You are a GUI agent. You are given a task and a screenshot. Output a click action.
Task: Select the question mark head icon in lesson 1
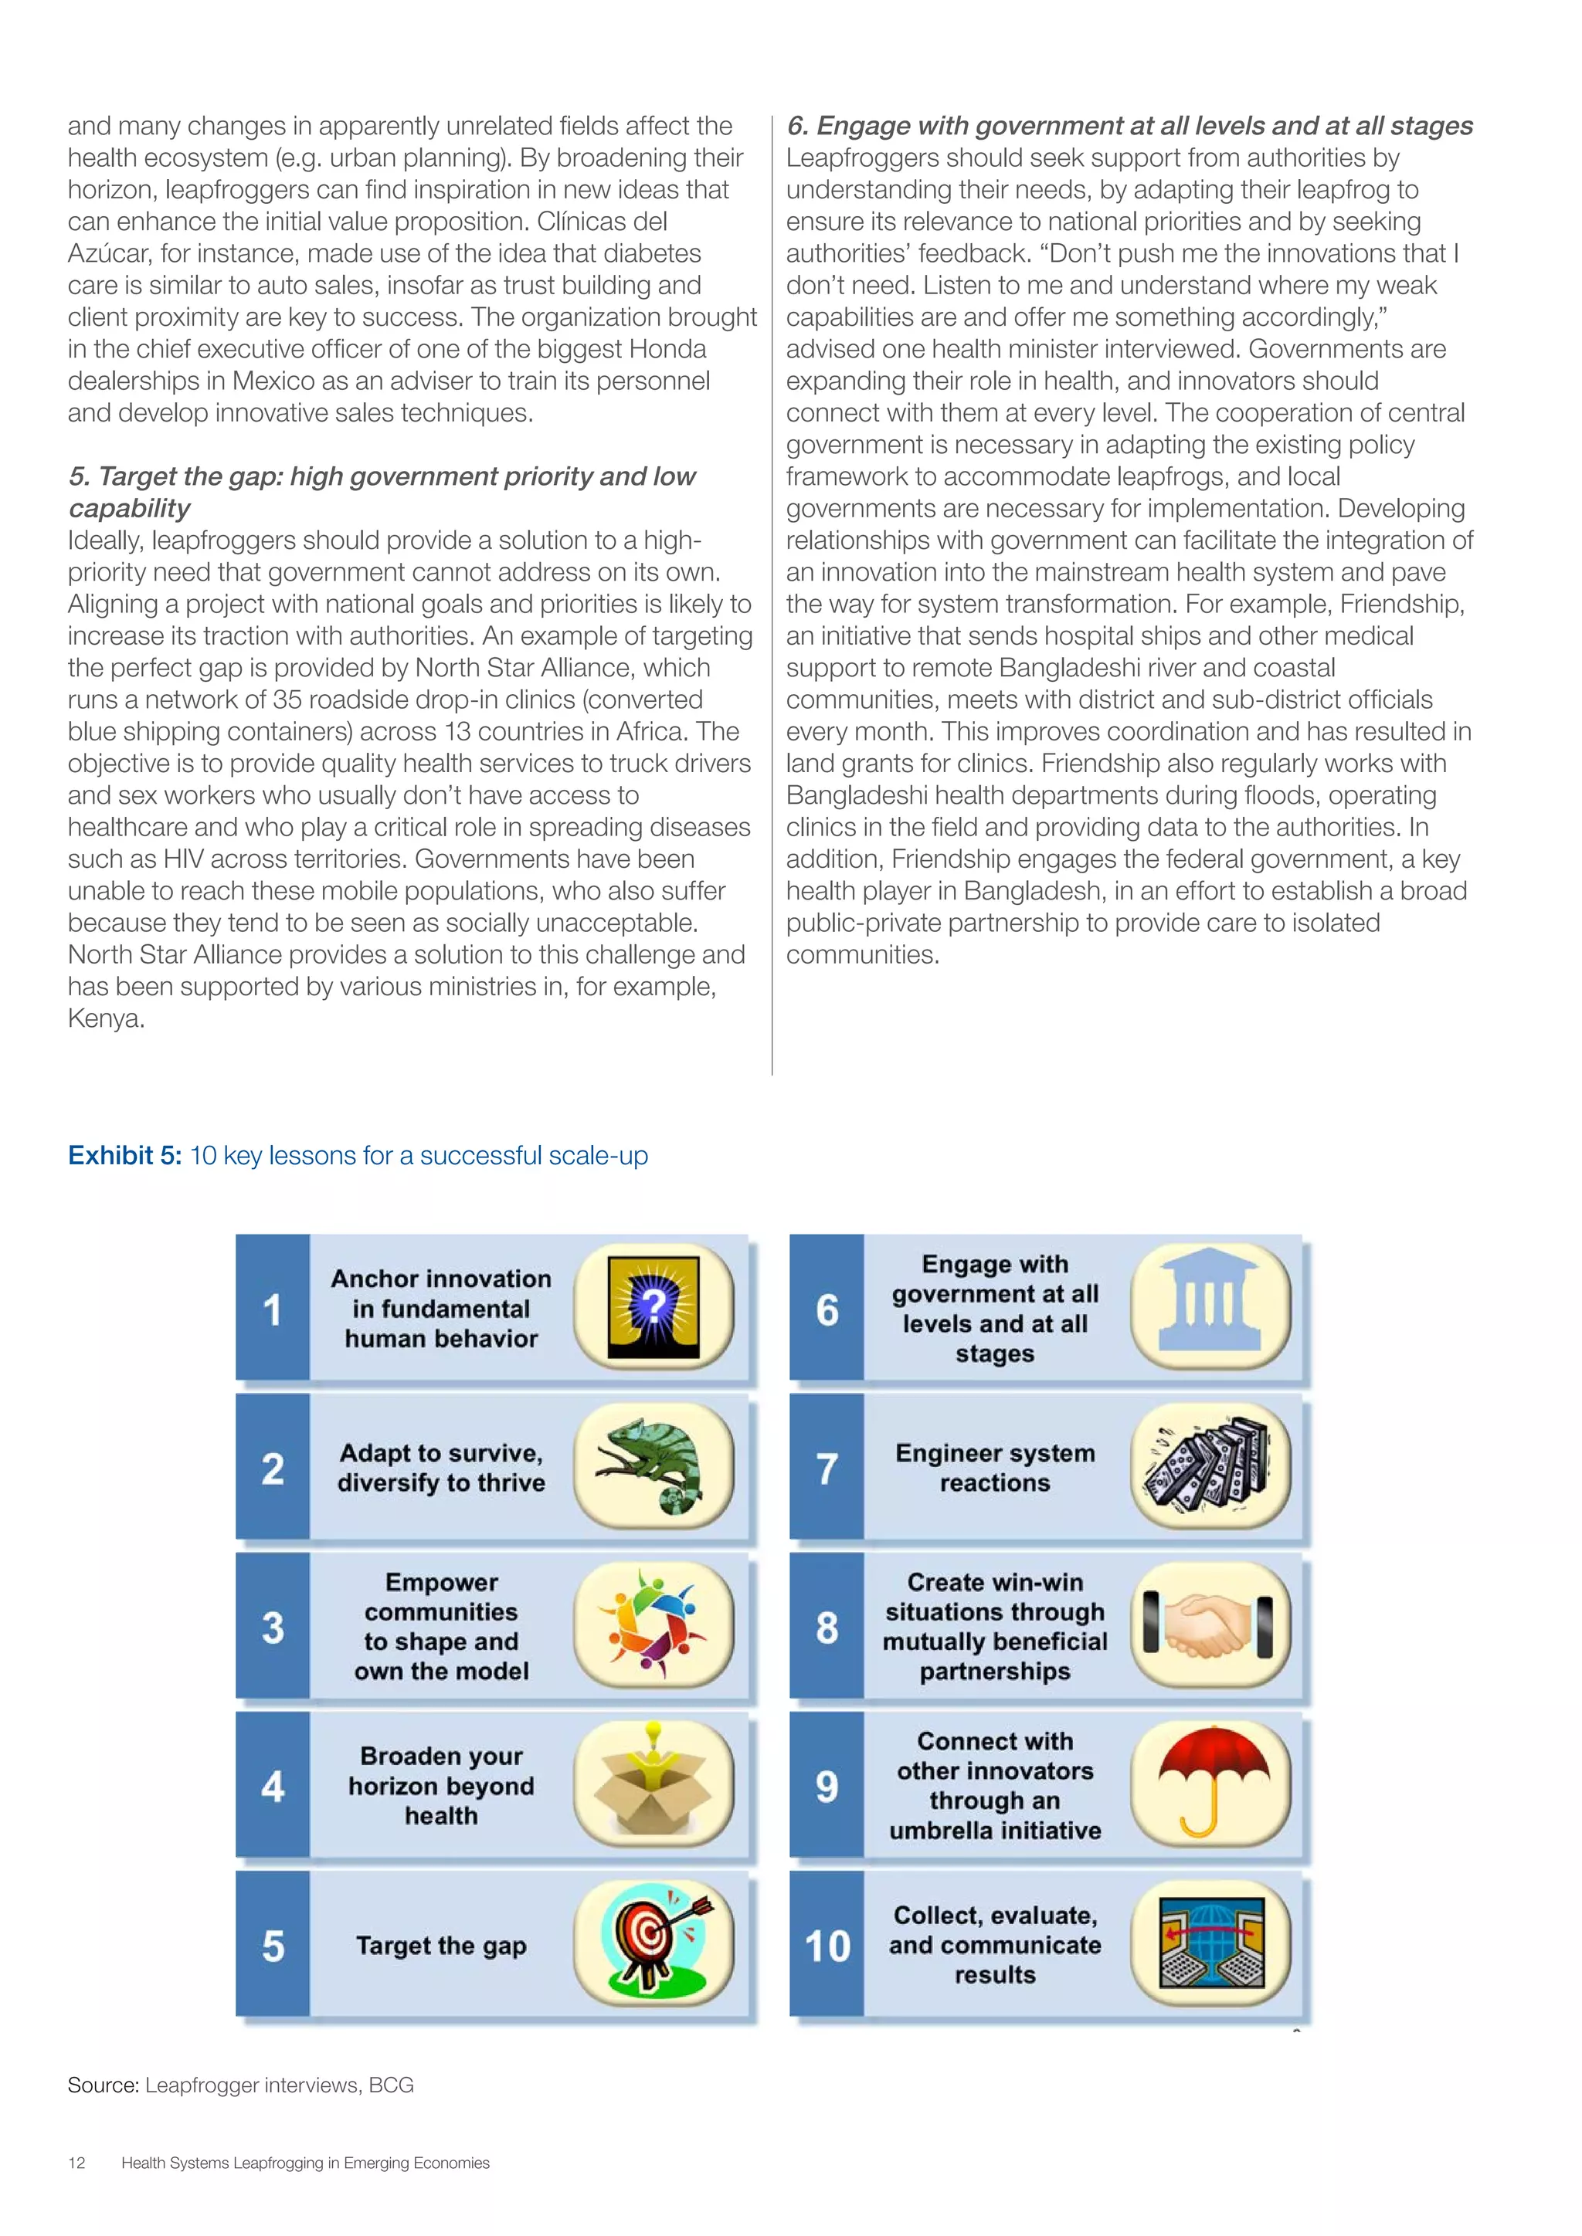653,1308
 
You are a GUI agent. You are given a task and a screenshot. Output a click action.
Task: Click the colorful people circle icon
653,1625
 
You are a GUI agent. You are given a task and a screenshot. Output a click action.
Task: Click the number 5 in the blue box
273,1946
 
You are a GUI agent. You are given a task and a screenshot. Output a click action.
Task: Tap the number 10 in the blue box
827,1946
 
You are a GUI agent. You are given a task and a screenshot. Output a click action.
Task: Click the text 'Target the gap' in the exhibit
441,1946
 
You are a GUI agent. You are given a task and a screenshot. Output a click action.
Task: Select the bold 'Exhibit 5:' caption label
124,1156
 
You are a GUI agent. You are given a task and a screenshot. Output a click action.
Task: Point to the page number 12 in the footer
77,2163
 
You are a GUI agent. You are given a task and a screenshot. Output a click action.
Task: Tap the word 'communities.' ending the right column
862,954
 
